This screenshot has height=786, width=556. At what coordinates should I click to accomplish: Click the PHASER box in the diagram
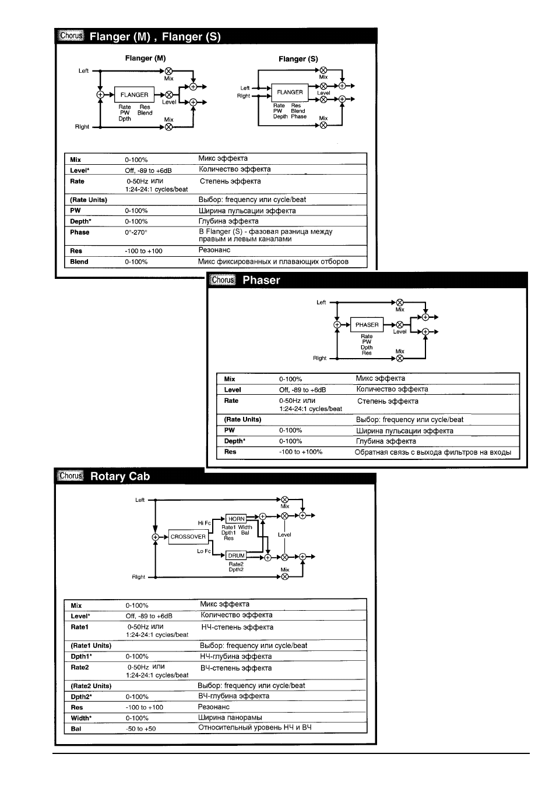point(367,324)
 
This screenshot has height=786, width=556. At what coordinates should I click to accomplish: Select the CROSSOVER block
point(188,536)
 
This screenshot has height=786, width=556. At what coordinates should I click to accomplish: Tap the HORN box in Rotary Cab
point(236,519)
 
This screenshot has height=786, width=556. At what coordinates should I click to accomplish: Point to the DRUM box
point(236,555)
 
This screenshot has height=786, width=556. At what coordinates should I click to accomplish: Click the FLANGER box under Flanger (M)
point(134,94)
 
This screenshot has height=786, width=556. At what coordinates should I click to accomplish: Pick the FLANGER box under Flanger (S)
point(290,92)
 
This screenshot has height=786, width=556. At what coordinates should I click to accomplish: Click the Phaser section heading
point(261,280)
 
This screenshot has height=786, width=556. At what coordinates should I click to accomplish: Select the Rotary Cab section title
point(120,476)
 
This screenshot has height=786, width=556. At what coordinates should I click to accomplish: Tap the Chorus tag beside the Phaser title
point(223,279)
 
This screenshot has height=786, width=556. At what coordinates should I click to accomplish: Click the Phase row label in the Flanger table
point(80,232)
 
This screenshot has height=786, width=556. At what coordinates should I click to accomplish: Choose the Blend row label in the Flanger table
point(79,262)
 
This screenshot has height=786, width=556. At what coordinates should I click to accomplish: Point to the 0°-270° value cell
point(136,232)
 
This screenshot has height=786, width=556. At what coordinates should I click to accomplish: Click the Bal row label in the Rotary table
point(76,729)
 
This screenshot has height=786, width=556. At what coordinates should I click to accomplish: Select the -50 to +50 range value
point(141,729)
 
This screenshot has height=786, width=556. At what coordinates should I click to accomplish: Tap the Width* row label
point(81,718)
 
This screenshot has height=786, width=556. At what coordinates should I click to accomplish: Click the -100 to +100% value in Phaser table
point(301,452)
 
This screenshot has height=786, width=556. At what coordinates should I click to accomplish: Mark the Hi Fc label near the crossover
point(205,523)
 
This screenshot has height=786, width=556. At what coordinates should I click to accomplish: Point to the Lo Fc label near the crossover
point(204,551)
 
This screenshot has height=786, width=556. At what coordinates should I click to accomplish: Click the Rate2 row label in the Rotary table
point(80,667)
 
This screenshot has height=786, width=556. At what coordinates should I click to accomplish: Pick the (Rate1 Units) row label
point(91,646)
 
